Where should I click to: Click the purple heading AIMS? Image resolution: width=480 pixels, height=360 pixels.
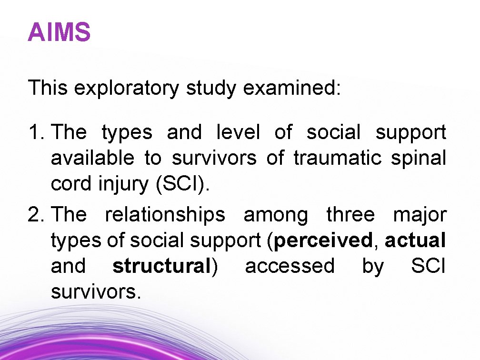(x=59, y=33)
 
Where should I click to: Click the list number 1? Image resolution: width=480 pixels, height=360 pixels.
(x=36, y=132)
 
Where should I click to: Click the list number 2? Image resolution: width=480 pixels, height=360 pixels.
(x=36, y=215)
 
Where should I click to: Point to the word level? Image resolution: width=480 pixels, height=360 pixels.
(x=238, y=132)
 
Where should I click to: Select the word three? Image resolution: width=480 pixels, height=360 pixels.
(x=350, y=215)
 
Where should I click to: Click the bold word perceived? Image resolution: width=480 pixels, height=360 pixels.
(x=322, y=241)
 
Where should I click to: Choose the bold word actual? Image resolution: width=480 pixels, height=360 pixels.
(x=415, y=240)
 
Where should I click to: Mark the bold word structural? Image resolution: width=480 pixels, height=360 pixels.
(x=161, y=266)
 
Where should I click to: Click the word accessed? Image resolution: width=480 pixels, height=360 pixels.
(x=290, y=266)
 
